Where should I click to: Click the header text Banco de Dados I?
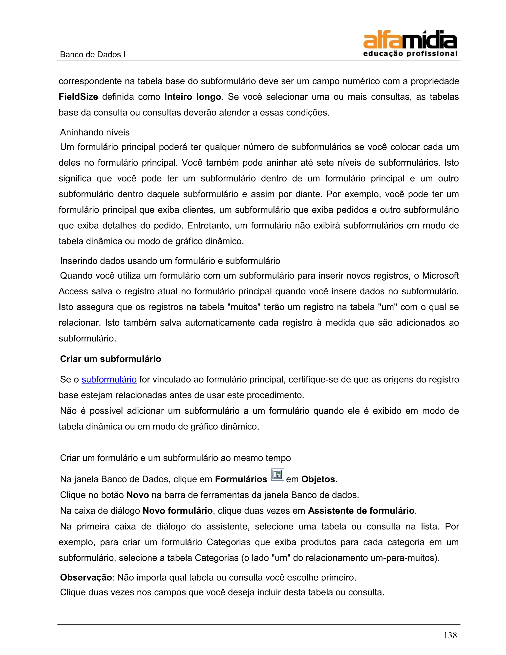(93, 55)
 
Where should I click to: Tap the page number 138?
(450, 635)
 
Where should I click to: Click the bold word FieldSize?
(78, 97)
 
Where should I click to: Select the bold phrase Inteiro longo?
(192, 97)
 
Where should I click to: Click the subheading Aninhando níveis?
(95, 132)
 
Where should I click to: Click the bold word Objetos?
(318, 479)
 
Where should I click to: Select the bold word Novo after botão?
(138, 495)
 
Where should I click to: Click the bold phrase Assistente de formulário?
(361, 510)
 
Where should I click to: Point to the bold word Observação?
(86, 577)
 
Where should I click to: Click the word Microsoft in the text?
(440, 276)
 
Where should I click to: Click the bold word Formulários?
(241, 479)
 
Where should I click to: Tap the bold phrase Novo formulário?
(177, 510)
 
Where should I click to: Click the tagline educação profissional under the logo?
(410, 54)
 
